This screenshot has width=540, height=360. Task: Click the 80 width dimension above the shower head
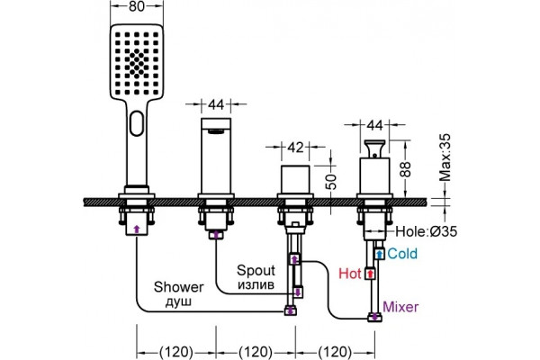pos(137,6)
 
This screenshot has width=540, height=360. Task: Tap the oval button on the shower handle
pos(137,123)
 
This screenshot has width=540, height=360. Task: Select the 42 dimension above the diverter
pos(295,148)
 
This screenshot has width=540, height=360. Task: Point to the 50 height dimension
pos(331,181)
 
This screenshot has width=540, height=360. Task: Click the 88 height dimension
pos(407,169)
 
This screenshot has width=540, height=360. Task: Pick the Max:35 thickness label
pos(445,157)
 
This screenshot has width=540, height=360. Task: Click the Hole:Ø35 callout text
pos(427,231)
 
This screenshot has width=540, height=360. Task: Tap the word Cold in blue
pos(402,254)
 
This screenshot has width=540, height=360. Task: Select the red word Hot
pos(350,274)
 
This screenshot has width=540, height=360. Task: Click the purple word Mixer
pos(400,307)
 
